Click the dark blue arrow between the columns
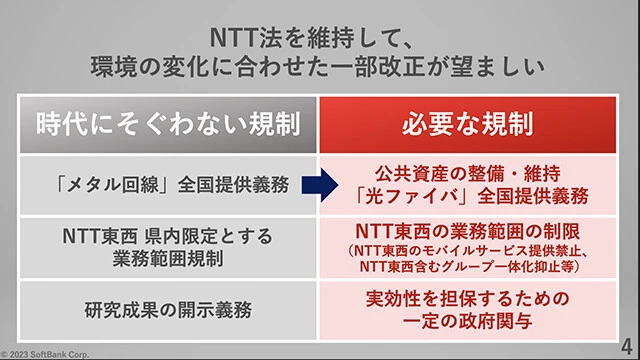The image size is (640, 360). pyautogui.click(x=319, y=184)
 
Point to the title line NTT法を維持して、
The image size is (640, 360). pyautogui.click(x=320, y=38)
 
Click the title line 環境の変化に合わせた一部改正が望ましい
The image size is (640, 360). pyautogui.click(x=320, y=70)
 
